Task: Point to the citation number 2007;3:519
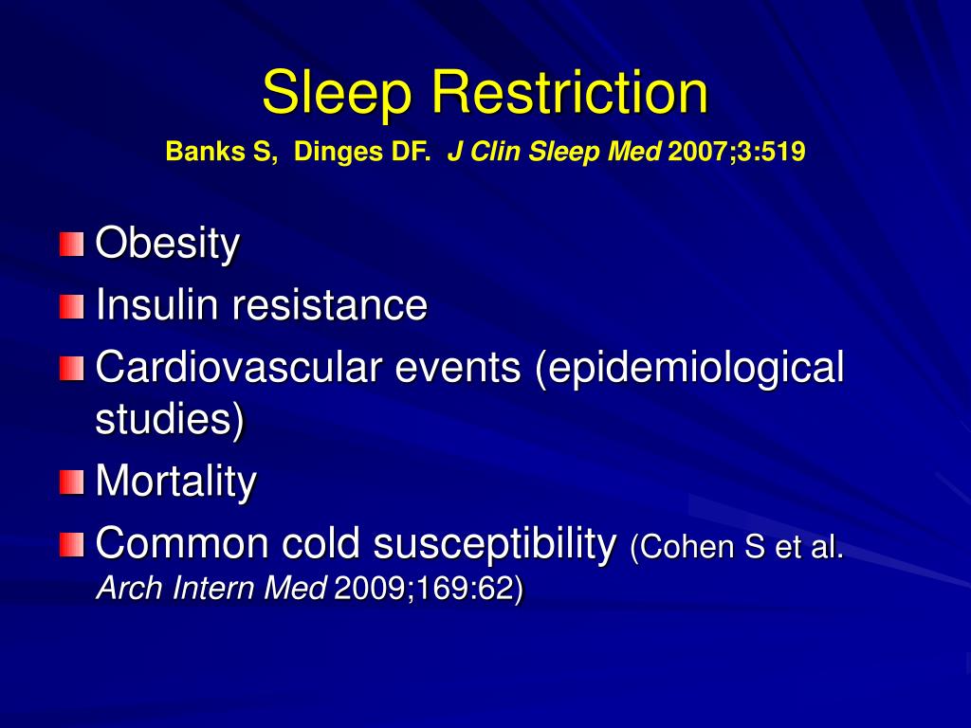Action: (737, 151)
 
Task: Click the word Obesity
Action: (167, 246)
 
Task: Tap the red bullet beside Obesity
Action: (71, 245)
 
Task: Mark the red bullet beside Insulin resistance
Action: (71, 306)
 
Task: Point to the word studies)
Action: (170, 420)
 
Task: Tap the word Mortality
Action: (175, 482)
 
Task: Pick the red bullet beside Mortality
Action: (71, 482)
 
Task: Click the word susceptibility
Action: (494, 544)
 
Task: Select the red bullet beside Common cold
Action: (71, 544)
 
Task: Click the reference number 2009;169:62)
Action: (429, 590)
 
